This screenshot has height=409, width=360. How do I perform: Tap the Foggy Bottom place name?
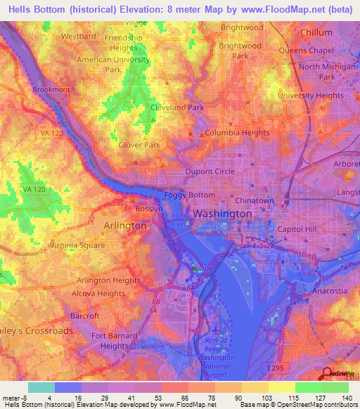189,195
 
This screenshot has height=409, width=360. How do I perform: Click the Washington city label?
222,213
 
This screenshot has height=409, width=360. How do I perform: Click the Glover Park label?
139,145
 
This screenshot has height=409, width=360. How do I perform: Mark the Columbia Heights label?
237,132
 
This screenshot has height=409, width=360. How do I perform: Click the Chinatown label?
254,200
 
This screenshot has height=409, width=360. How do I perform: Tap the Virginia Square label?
77,245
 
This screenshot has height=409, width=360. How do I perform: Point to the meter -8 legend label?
15,397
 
